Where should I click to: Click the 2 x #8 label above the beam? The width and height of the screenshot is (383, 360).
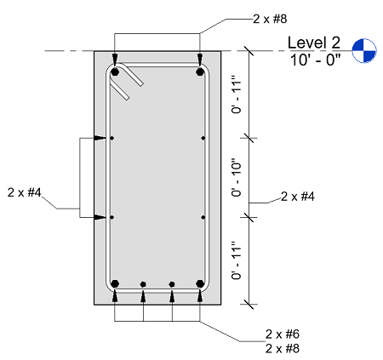click(270, 19)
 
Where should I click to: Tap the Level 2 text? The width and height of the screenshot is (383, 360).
click(314, 43)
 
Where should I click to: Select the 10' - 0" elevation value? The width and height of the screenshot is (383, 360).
click(315, 60)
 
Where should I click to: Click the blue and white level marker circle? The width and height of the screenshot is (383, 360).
click(364, 50)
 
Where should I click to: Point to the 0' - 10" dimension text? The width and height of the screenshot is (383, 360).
click(237, 180)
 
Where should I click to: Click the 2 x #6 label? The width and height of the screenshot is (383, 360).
click(283, 334)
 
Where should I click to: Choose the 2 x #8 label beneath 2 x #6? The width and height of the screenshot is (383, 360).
click(283, 348)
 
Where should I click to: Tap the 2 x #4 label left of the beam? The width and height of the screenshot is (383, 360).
click(25, 192)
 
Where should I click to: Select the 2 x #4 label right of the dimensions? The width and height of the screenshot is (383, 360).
click(298, 197)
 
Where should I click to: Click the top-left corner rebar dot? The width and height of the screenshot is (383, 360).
click(115, 71)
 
